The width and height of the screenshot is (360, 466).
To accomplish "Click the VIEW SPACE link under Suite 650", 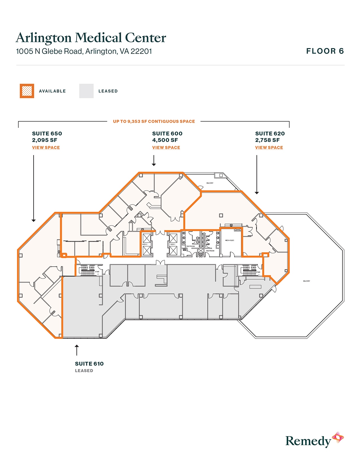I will click(x=46, y=147).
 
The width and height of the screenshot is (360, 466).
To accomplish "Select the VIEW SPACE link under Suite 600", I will click(x=166, y=147).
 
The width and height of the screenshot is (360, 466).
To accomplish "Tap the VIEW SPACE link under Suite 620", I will click(x=269, y=147).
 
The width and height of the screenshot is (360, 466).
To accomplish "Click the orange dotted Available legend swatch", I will click(x=27, y=91).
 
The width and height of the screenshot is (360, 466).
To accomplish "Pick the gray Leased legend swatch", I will click(x=86, y=91).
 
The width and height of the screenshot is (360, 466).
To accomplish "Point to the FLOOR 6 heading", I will click(x=325, y=51).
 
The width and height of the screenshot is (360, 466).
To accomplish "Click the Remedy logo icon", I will click(x=338, y=437).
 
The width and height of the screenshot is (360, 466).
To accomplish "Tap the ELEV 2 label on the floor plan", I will click(x=145, y=244).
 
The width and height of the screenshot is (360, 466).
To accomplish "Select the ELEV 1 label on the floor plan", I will click(x=173, y=244).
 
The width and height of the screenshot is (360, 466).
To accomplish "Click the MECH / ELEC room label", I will click(x=230, y=240).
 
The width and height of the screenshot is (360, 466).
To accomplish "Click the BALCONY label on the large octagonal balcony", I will click(x=306, y=281).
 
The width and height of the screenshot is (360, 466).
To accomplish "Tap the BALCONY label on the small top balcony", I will click(x=210, y=183).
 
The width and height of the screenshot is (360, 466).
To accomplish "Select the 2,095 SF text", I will click(x=45, y=140).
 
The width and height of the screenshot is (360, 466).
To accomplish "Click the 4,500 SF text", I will click(x=165, y=140).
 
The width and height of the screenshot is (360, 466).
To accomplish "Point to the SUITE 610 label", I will click(x=89, y=364).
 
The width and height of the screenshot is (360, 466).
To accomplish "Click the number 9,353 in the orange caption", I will click(x=134, y=121).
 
